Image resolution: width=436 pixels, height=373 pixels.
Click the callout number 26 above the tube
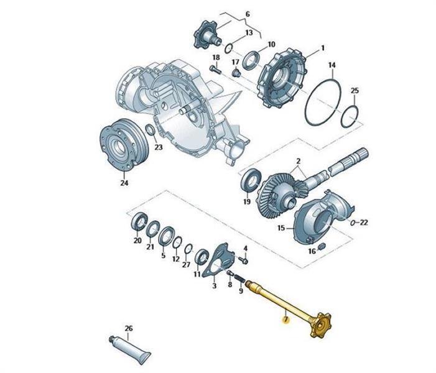point(129,328)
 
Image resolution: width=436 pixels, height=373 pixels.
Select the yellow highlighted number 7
point(285,320)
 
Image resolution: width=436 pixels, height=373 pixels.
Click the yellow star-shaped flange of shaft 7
point(321,325)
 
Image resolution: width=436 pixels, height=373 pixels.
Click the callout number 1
point(323,48)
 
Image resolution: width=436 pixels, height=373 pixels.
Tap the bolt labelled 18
point(215,70)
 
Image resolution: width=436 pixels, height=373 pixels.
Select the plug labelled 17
point(236,73)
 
